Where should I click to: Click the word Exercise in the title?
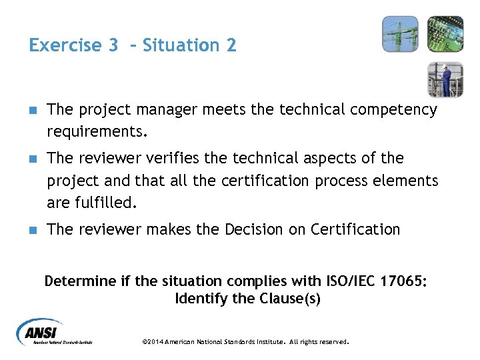coord(64,45)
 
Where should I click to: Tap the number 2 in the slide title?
coord(230,45)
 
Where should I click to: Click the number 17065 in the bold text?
coord(397,281)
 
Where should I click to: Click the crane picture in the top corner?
coord(400,34)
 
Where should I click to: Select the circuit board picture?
coord(445,34)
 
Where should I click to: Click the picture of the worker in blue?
coord(445,79)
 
